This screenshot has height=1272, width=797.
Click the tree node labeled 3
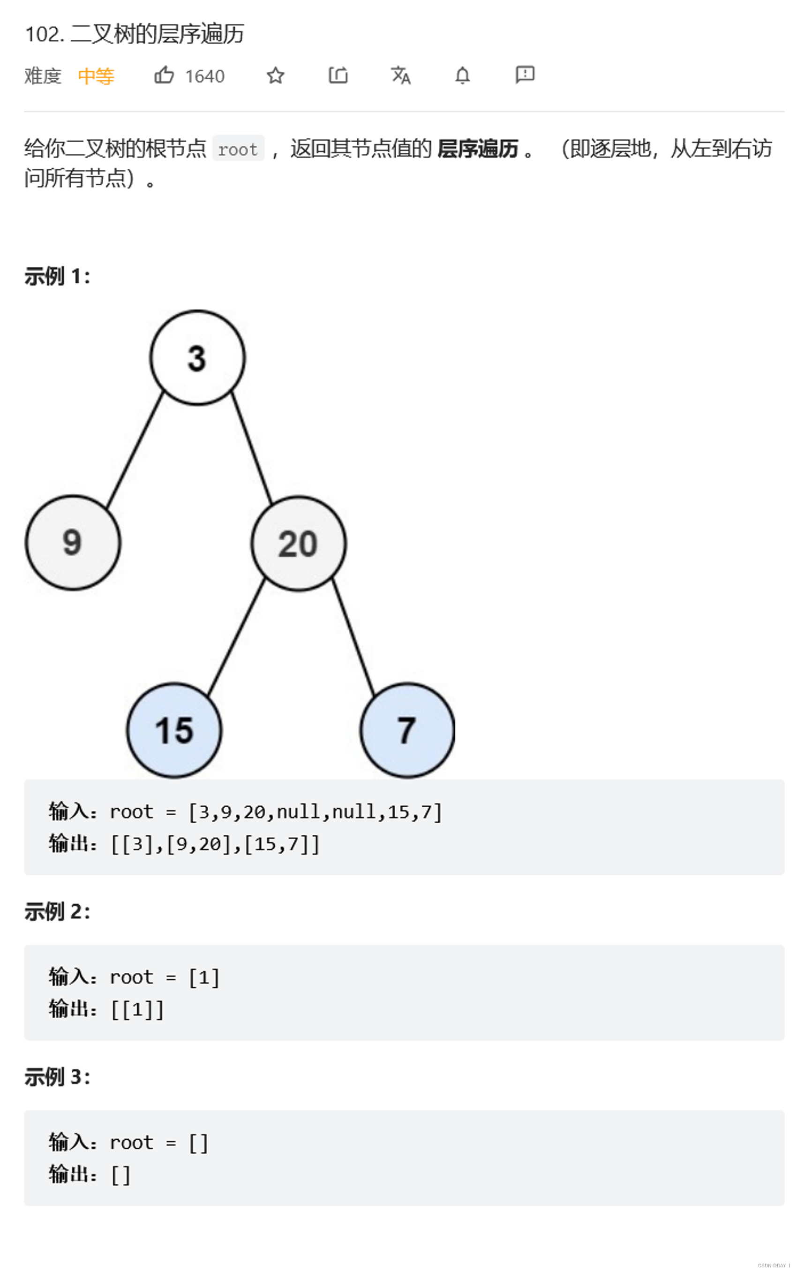197,357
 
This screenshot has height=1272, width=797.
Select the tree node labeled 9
73,542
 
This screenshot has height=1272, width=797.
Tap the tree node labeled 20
298,543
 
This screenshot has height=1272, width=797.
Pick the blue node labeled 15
174,730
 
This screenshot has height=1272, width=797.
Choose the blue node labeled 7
407,730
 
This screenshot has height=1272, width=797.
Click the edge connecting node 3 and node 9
135,449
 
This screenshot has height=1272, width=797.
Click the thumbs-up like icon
164,76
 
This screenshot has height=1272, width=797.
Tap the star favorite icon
275,76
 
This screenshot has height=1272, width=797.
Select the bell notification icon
462,76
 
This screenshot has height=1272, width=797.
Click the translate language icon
400,76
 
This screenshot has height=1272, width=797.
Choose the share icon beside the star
338,76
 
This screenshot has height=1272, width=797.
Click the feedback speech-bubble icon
525,75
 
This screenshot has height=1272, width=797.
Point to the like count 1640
205,76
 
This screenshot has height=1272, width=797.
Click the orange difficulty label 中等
96,76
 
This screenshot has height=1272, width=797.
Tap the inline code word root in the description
238,149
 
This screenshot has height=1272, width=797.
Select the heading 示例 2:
57,911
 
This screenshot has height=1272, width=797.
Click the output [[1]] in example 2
137,1009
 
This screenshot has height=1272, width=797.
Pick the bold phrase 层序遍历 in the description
478,149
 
